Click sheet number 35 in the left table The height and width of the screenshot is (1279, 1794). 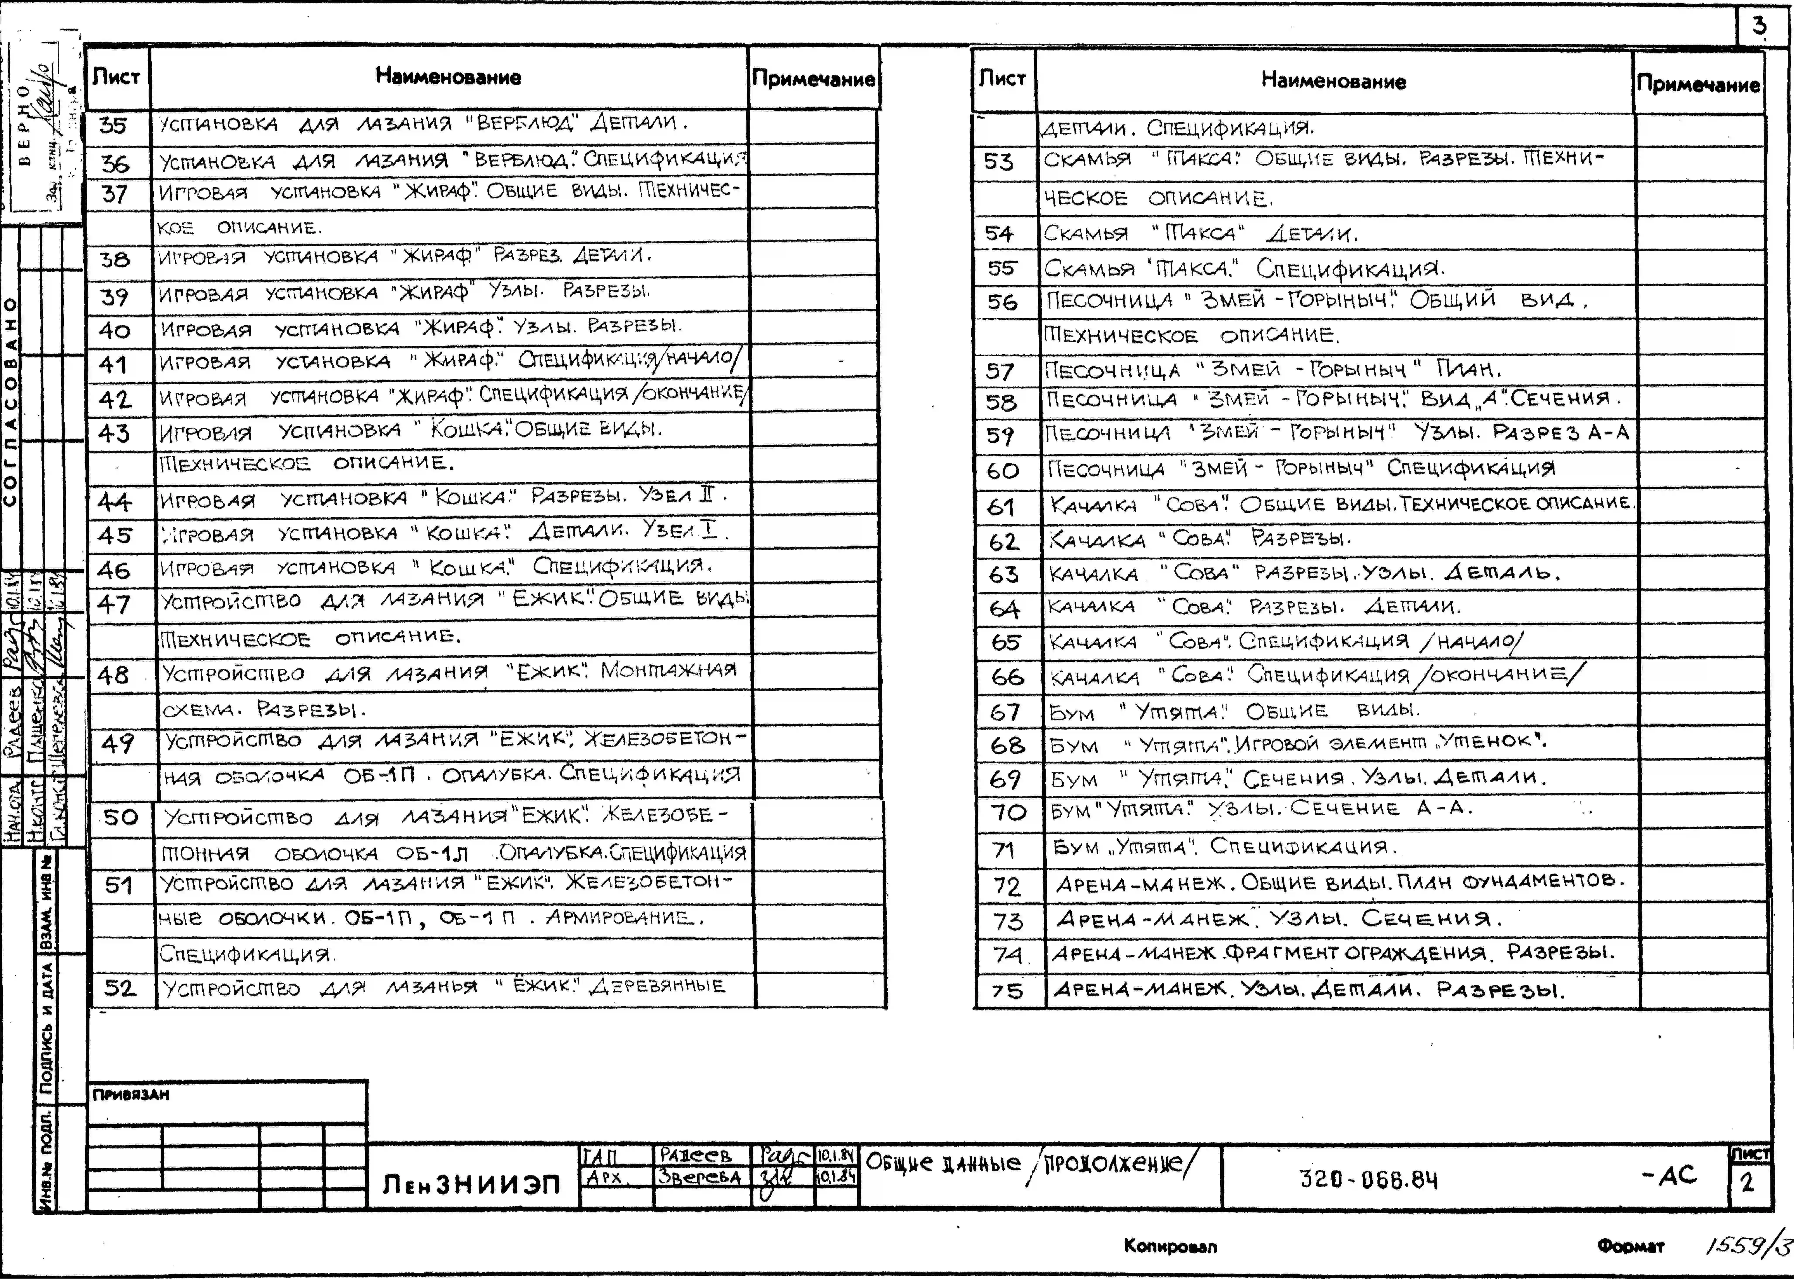[x=113, y=126]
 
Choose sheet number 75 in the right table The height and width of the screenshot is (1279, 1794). [x=1007, y=991]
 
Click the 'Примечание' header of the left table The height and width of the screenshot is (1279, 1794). [x=813, y=79]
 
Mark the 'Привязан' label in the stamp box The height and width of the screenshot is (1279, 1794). [x=131, y=1095]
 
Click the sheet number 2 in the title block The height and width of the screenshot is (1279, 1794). [x=1748, y=1182]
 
